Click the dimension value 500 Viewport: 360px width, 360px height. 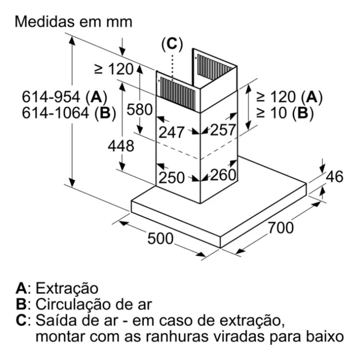click(x=160, y=238)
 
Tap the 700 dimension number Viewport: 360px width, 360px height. click(x=281, y=228)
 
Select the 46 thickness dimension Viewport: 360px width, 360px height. click(x=335, y=177)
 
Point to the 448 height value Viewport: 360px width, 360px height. click(x=121, y=146)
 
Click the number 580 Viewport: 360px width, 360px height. click(x=140, y=109)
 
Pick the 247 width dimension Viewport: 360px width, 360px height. click(x=171, y=132)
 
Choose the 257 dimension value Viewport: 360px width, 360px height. click(x=223, y=130)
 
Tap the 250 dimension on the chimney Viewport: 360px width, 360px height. click(x=171, y=178)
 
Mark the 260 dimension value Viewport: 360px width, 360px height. click(x=223, y=175)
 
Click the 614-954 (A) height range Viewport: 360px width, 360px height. click(x=64, y=96)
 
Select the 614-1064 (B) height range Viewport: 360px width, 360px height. click(x=69, y=113)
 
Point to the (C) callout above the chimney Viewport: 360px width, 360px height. click(x=172, y=44)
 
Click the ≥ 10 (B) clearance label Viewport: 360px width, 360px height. click(x=285, y=113)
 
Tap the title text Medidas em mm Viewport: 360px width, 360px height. click(x=73, y=22)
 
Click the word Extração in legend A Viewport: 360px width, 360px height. click(x=67, y=288)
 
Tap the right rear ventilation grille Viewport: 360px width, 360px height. click(x=215, y=68)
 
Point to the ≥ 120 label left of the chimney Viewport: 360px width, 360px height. click(x=114, y=69)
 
